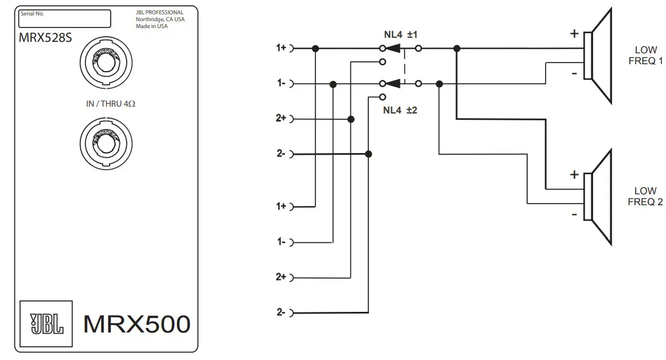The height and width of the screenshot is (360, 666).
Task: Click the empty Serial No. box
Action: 64,18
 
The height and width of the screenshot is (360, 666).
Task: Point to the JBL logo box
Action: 46,323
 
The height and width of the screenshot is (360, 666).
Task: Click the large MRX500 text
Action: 137,324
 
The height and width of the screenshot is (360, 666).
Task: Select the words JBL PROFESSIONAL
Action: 159,13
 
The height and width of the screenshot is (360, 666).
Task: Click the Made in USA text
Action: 152,26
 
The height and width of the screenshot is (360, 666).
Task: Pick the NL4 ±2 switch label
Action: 400,109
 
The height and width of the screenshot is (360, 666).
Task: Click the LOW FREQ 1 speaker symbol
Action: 598,55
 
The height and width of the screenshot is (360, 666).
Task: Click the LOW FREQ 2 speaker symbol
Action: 598,196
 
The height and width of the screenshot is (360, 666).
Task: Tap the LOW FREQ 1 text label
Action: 645,55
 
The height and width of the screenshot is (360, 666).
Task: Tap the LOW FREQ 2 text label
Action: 645,196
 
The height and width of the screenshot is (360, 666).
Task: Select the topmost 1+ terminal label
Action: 281,48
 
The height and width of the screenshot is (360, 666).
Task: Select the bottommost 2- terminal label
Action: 281,313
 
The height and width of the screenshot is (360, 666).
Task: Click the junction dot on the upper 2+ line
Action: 351,119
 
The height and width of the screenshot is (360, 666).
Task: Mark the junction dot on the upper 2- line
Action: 369,154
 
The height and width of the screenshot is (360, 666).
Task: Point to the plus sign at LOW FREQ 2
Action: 574,175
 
